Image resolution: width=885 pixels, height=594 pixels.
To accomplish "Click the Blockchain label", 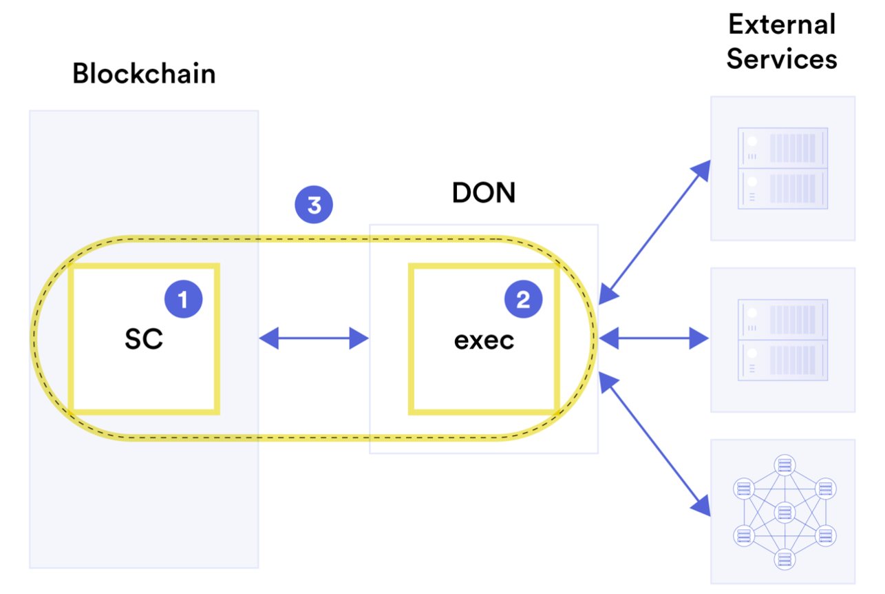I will pyautogui.click(x=144, y=74).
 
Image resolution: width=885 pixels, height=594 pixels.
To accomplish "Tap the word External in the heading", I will pyautogui.click(x=782, y=25).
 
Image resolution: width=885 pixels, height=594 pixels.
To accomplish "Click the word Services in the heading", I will pyautogui.click(x=782, y=59).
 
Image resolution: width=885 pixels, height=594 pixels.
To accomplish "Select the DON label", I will pyautogui.click(x=483, y=194).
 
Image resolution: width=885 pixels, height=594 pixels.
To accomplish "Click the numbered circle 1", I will pyautogui.click(x=183, y=299).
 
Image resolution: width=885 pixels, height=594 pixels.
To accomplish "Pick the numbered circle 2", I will pyautogui.click(x=524, y=299).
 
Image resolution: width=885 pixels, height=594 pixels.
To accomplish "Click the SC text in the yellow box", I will pyautogui.click(x=144, y=339).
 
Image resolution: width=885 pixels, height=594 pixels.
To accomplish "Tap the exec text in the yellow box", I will pyautogui.click(x=484, y=340).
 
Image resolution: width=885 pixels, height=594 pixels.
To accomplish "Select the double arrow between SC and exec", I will pyautogui.click(x=314, y=338).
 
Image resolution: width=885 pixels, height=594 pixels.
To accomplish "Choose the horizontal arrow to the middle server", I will pyautogui.click(x=654, y=338).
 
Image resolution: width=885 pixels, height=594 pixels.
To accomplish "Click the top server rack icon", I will pyautogui.click(x=782, y=168).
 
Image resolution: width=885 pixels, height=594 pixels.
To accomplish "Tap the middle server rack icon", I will pyautogui.click(x=782, y=340).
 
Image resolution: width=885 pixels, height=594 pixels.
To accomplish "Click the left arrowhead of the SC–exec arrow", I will pyautogui.click(x=269, y=338).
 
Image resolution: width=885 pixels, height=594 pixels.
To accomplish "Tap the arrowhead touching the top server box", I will pyautogui.click(x=701, y=170).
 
